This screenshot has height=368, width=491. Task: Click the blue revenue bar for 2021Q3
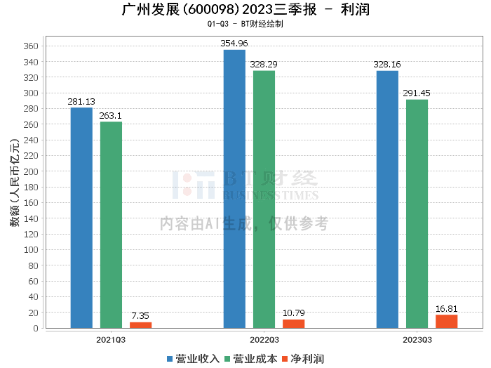tap(81, 218)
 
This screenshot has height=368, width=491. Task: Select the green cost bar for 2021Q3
tap(111, 225)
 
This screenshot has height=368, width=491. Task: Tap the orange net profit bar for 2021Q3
tap(140, 325)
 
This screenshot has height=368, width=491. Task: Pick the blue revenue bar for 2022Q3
tap(234, 189)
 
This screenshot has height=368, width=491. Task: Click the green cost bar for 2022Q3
tap(264, 199)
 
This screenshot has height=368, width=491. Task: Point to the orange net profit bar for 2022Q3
tap(293, 324)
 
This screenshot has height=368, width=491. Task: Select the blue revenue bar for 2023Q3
tap(387, 199)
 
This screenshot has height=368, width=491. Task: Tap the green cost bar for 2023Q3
tap(417, 213)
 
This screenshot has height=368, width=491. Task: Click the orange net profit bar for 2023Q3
tap(446, 322)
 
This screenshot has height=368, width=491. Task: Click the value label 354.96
tap(234, 44)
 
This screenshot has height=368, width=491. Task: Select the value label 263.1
tap(111, 116)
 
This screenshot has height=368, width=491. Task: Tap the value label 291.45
tap(417, 93)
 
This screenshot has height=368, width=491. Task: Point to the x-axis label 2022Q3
tap(264, 340)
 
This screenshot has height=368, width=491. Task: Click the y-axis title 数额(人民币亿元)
tap(14, 186)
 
